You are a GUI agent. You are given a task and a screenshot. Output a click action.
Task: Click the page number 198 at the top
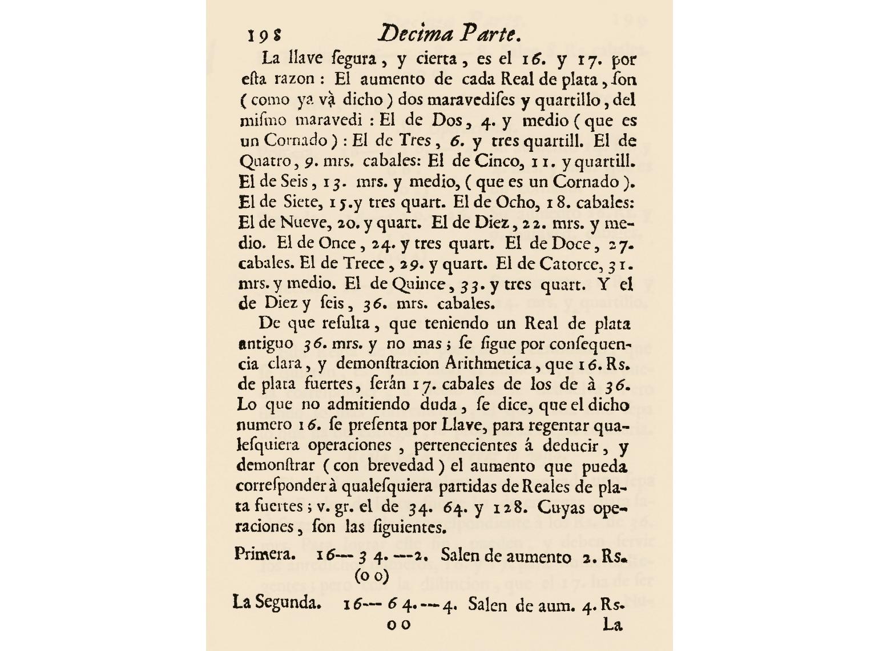pyautogui.click(x=264, y=35)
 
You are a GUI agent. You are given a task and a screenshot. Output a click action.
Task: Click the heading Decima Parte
pyautogui.click(x=450, y=34)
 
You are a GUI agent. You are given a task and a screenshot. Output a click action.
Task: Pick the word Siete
pyautogui.click(x=301, y=202)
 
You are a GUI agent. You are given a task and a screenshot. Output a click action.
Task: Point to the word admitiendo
pyautogui.click(x=368, y=405)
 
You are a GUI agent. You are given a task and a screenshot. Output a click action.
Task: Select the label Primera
pyautogui.click(x=265, y=554)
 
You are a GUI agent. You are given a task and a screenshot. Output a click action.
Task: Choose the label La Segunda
pyautogui.click(x=276, y=602)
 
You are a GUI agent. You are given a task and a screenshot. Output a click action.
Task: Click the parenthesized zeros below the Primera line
pyautogui.click(x=372, y=576)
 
